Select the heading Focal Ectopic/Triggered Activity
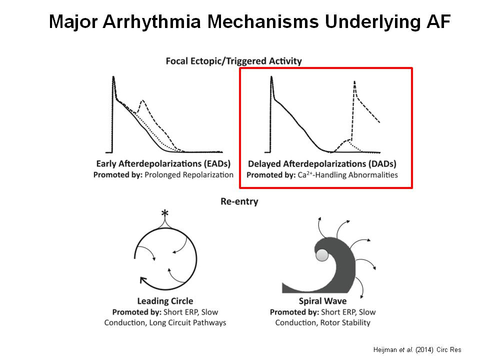[234, 61]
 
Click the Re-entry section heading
[239, 201]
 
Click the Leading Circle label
[165, 301]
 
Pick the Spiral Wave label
[322, 301]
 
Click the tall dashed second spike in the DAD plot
[354, 82]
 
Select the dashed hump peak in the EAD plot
[142, 101]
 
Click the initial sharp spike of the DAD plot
[271, 77]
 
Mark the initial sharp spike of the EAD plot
[113, 77]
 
